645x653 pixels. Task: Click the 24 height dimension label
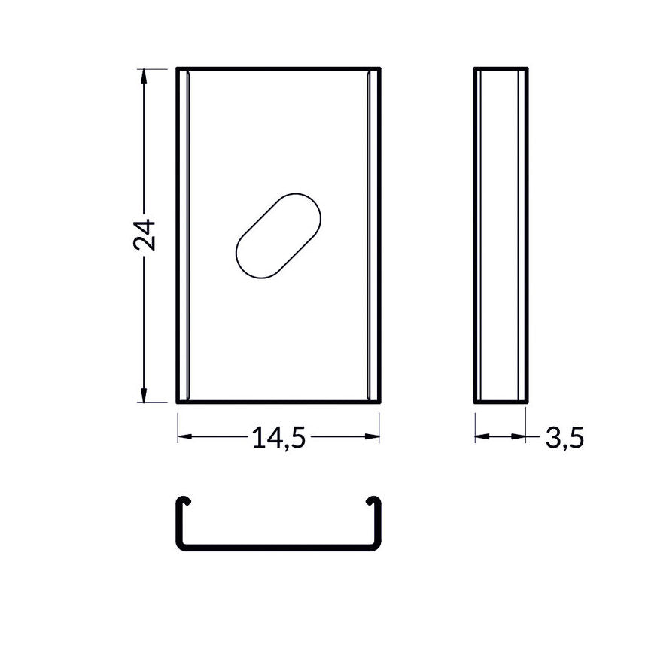pos(144,235)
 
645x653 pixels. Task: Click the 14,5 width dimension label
pos(278,439)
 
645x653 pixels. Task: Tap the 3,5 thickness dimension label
pos(564,438)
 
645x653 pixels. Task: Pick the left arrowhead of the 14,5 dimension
pos(184,436)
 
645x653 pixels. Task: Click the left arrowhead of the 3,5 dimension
pos(480,436)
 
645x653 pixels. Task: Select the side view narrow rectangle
pos(500,235)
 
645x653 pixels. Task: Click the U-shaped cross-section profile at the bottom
pos(278,548)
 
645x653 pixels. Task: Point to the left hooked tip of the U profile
pos(183,500)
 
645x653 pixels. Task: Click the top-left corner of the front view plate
pos(178,69)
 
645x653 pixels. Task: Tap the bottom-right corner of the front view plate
pos(379,401)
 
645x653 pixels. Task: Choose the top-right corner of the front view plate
pos(379,69)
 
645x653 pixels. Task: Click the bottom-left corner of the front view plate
pos(178,401)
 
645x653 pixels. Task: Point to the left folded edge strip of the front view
pos(184,235)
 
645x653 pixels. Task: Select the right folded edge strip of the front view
pos(373,235)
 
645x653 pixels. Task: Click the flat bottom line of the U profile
pos(278,550)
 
